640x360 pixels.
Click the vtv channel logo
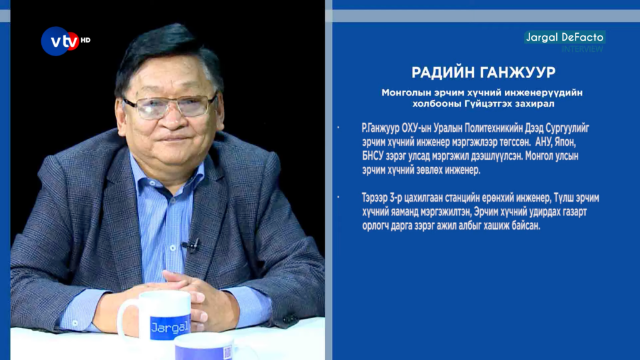click(x=60, y=41)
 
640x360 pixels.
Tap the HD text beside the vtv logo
click(x=85, y=40)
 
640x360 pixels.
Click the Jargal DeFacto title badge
click(x=564, y=37)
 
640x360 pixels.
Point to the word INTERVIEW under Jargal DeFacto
click(x=582, y=49)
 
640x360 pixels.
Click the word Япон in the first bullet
click(x=564, y=142)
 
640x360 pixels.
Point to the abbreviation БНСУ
click(x=373, y=156)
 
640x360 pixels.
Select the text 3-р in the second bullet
click(x=396, y=198)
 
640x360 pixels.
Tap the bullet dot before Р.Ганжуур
click(x=338, y=127)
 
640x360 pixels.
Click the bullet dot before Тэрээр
click(x=338, y=197)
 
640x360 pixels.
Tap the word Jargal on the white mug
click(x=170, y=327)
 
